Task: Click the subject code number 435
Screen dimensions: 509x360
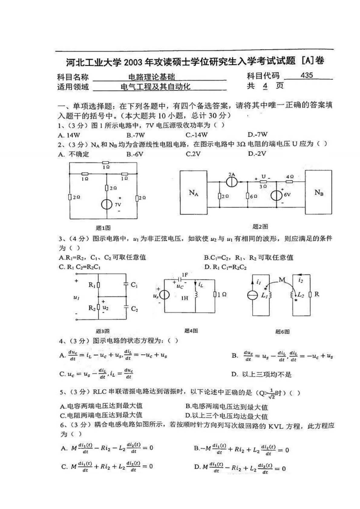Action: pyautogui.click(x=306, y=75)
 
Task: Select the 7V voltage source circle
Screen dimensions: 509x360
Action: pyautogui.click(x=107, y=204)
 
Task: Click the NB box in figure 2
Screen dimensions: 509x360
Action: pyautogui.click(x=319, y=192)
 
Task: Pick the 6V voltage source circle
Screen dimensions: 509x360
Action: pyautogui.click(x=276, y=195)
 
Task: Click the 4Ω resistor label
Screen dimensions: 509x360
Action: pyautogui.click(x=290, y=176)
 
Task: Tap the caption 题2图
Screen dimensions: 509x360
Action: pyautogui.click(x=260, y=227)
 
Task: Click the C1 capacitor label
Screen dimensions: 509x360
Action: pyautogui.click(x=134, y=285)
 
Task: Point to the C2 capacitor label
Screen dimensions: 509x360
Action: pyautogui.click(x=134, y=309)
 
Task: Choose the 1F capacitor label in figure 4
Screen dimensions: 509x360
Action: pyautogui.click(x=185, y=275)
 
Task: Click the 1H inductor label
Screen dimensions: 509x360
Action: pyautogui.click(x=185, y=298)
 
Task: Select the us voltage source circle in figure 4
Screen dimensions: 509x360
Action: pyautogui.click(x=164, y=295)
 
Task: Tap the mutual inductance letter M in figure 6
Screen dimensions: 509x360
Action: pyautogui.click(x=282, y=280)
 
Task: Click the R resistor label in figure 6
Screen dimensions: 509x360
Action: pyautogui.click(x=317, y=294)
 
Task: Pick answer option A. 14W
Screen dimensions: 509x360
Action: pyautogui.click(x=69, y=135)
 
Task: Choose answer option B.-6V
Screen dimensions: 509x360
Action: pyautogui.click(x=135, y=154)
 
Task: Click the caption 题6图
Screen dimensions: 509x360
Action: pyautogui.click(x=283, y=331)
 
